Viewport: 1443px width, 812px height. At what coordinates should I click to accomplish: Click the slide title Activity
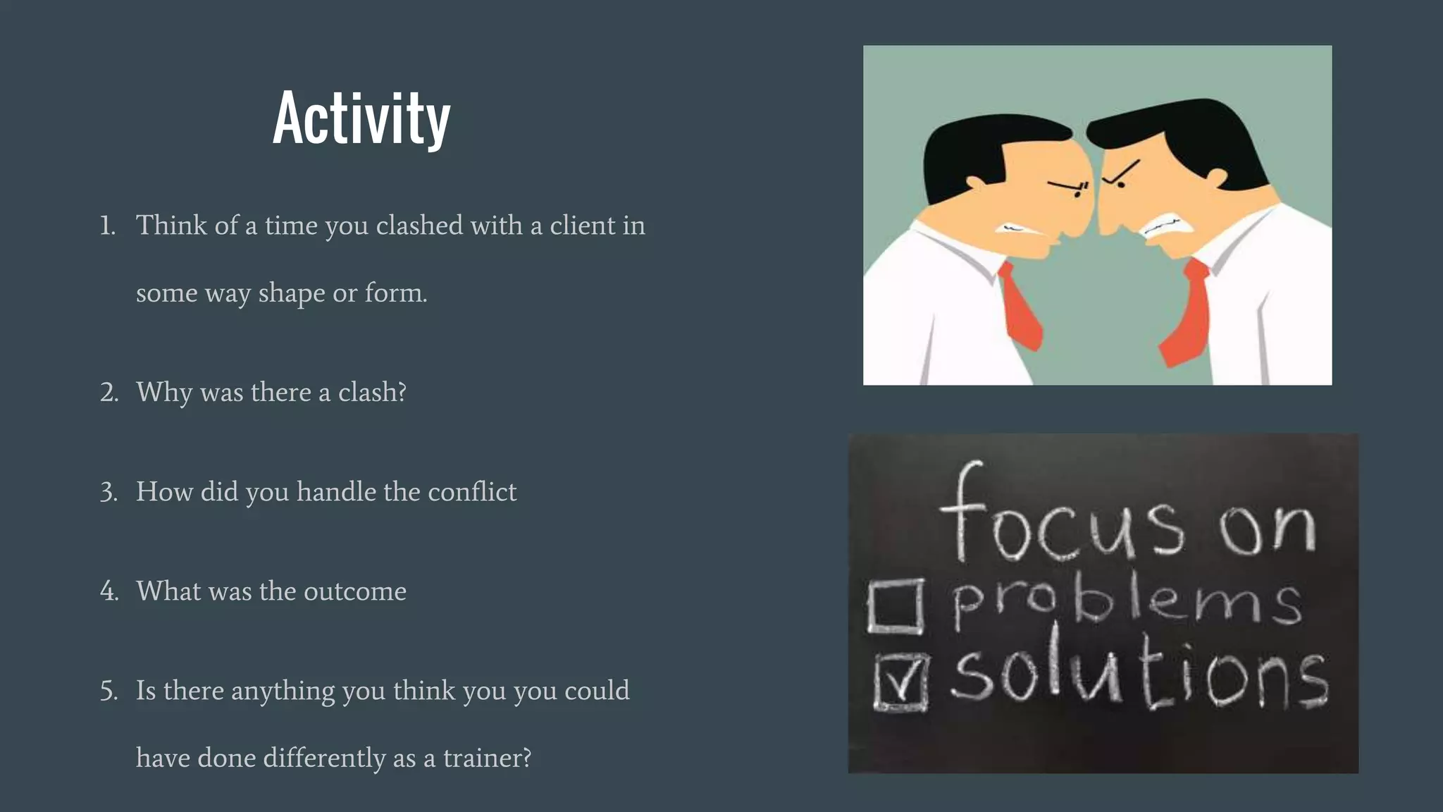pyautogui.click(x=361, y=118)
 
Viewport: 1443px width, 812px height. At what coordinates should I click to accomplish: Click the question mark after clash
pyautogui.click(x=402, y=392)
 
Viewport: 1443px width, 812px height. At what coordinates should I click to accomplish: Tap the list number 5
pyautogui.click(x=109, y=691)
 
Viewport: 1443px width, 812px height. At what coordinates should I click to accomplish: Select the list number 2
pyautogui.click(x=109, y=392)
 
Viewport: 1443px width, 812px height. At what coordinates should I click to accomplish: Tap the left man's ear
pyautogui.click(x=976, y=182)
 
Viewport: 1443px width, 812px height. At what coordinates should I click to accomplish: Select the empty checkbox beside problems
pyautogui.click(x=896, y=605)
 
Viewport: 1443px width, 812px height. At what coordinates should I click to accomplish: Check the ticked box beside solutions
pyautogui.click(x=900, y=681)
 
